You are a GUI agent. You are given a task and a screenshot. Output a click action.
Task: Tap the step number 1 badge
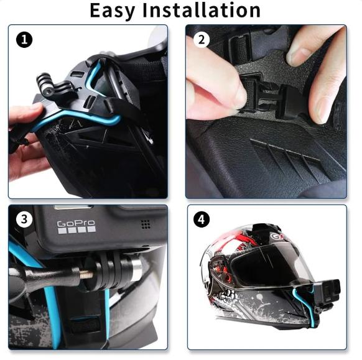pyautogui.click(x=24, y=40)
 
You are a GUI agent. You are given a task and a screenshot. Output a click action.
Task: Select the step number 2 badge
pyautogui.click(x=201, y=40)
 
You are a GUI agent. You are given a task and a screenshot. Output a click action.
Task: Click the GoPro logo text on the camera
pyautogui.click(x=76, y=224)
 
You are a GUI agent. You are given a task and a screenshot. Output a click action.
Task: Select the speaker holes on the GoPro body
pyautogui.click(x=145, y=224)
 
